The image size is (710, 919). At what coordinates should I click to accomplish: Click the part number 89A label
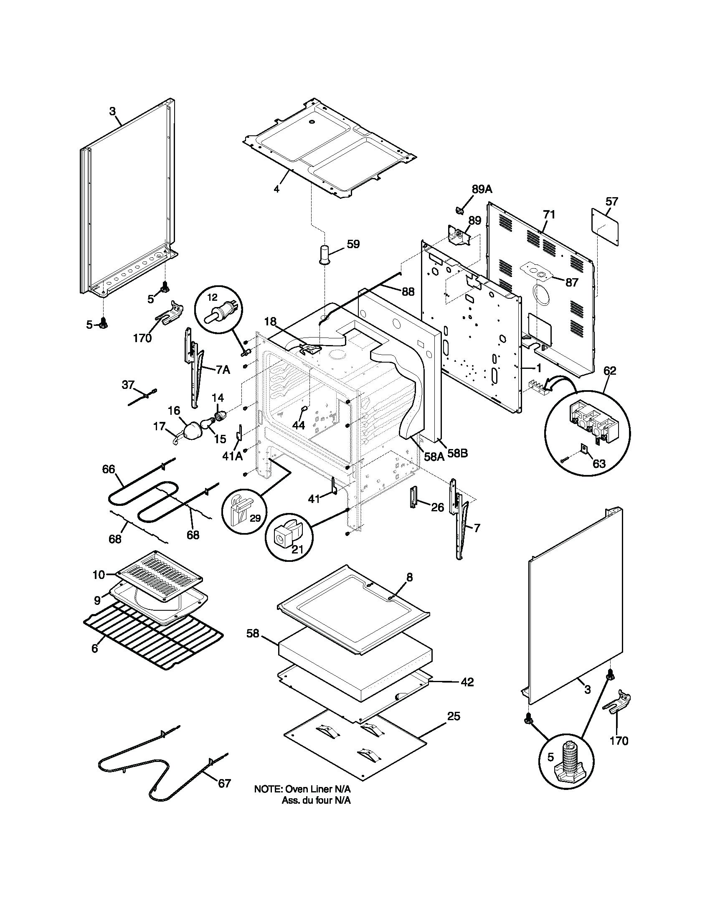(x=482, y=189)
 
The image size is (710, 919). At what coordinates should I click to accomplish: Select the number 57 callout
(x=611, y=202)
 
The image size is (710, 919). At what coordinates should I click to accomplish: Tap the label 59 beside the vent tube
(x=353, y=244)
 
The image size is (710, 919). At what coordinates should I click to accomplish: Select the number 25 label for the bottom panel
(x=454, y=716)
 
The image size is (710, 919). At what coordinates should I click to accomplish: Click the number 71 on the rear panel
(x=549, y=215)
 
